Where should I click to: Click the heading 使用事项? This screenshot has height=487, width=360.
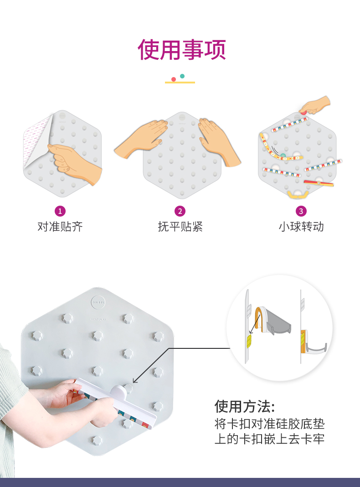tap(181, 50)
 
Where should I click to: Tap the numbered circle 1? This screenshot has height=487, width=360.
tap(60, 212)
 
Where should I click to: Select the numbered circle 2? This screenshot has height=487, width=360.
tap(180, 212)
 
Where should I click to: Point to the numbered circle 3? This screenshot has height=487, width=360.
tap(301, 212)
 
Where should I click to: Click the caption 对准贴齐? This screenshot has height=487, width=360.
tap(60, 227)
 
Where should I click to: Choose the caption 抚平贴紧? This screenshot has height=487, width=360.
tap(180, 227)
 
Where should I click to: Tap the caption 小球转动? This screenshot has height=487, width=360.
tap(301, 227)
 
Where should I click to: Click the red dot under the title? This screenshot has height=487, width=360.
tap(174, 79)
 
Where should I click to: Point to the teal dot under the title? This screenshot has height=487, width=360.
tap(182, 76)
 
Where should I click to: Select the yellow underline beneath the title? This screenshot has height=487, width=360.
tap(180, 83)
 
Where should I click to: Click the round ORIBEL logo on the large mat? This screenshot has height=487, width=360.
tap(98, 302)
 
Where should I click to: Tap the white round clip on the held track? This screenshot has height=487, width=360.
tap(118, 393)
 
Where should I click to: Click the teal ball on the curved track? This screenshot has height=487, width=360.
tap(283, 155)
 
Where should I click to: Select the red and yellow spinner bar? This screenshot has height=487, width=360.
tap(319, 183)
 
